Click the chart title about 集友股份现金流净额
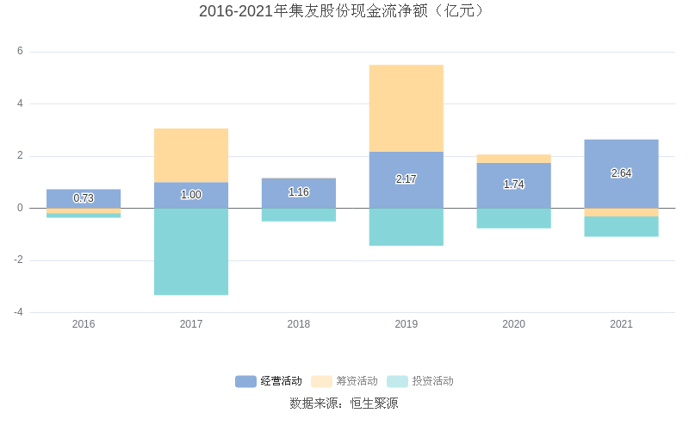pos(344,11)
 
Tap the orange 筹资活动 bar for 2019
pos(407,108)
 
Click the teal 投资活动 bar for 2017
pos(191,252)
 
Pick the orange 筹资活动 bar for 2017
pos(191,155)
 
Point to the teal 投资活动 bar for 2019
pos(407,227)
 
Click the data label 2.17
pos(407,179)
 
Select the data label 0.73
pos(84,198)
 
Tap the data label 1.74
pos(513,185)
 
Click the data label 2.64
pos(621,173)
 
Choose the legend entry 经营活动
pos(270,381)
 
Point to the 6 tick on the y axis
pos(20,52)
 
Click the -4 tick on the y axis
pos(18,312)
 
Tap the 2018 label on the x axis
pos(299,324)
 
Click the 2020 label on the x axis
pos(513,324)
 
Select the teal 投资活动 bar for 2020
pos(513,218)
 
